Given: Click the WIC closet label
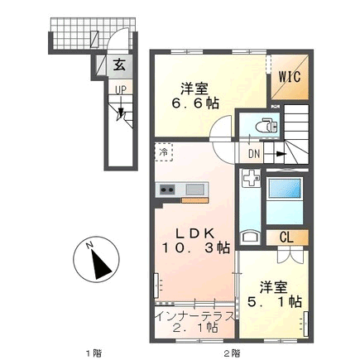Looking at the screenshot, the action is [290, 77].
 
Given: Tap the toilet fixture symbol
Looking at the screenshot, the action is [266, 126].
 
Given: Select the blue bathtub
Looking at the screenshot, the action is [285, 189].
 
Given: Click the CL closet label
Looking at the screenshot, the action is [286, 238].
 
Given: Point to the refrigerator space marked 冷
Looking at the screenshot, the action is [164, 151].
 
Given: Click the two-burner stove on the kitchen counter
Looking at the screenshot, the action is [167, 190].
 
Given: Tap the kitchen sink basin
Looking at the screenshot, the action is [195, 190].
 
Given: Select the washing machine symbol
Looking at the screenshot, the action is [251, 178].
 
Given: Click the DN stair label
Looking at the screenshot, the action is [254, 154].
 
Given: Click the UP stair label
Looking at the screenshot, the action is [121, 89].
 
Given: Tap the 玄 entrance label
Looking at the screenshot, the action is [119, 65].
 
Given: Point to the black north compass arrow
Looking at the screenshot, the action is [101, 265].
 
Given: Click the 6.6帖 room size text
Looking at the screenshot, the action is [195, 103].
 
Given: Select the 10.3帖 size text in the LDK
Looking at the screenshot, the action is [195, 247].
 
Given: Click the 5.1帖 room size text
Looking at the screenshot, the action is [274, 302].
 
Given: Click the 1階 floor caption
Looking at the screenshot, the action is [94, 353].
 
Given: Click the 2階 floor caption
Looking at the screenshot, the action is [232, 353].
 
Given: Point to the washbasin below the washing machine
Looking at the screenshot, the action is [250, 238].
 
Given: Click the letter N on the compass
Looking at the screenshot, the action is [89, 245].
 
